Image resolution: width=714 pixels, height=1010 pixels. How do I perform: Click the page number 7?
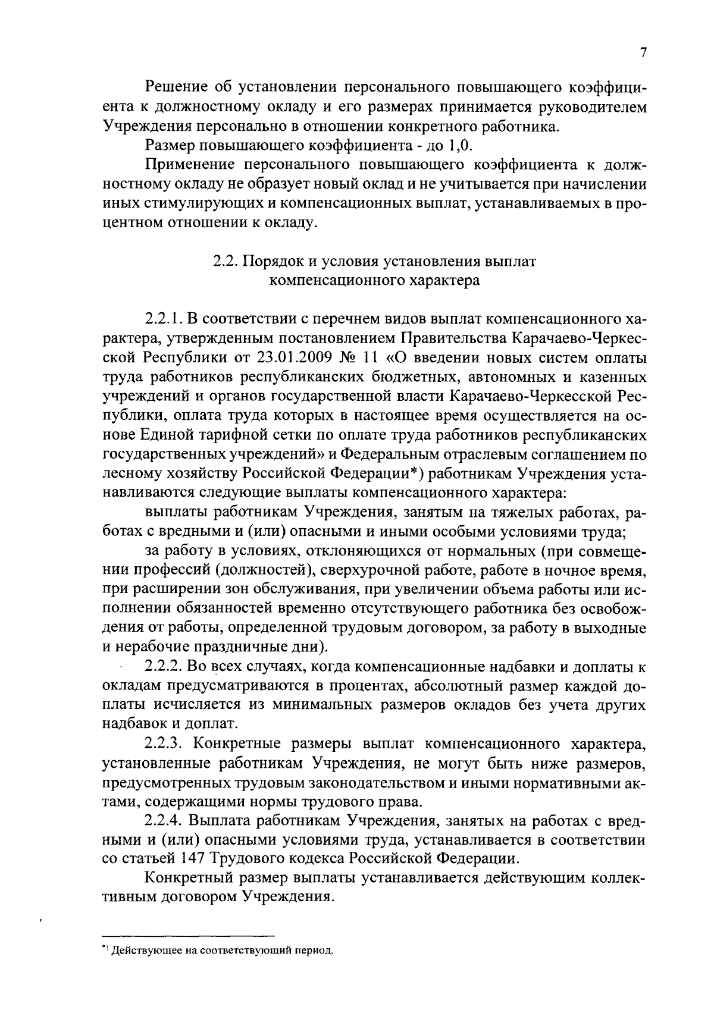tap(643, 53)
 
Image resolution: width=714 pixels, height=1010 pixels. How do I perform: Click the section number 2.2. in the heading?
tap(224, 262)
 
